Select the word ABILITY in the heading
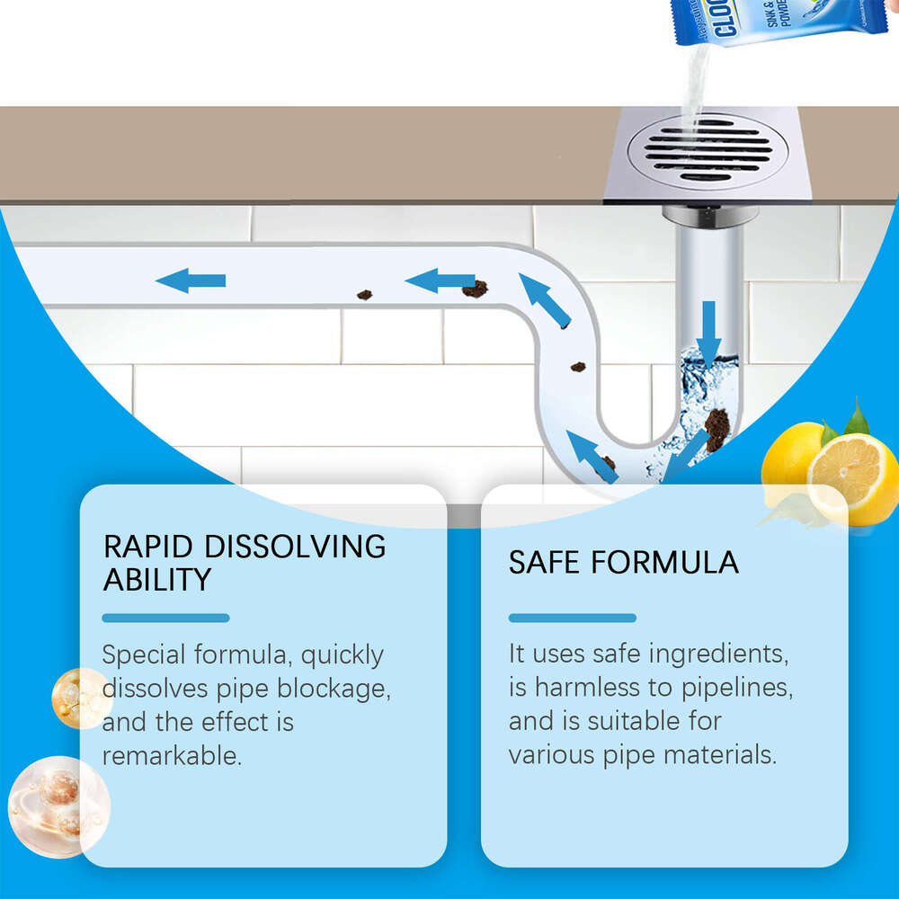click(157, 580)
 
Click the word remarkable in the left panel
click(172, 755)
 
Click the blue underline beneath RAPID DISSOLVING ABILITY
click(165, 618)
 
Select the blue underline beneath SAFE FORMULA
click(572, 618)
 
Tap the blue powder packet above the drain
click(782, 22)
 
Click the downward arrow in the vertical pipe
click(709, 331)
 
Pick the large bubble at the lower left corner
click(57, 800)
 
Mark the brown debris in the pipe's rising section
click(577, 367)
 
